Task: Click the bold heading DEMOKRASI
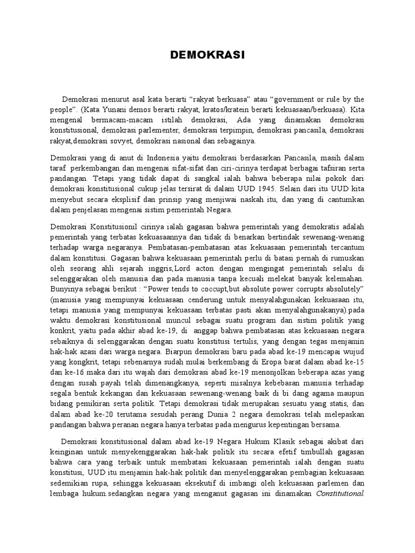click(x=208, y=55)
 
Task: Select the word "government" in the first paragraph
click(x=293, y=100)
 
